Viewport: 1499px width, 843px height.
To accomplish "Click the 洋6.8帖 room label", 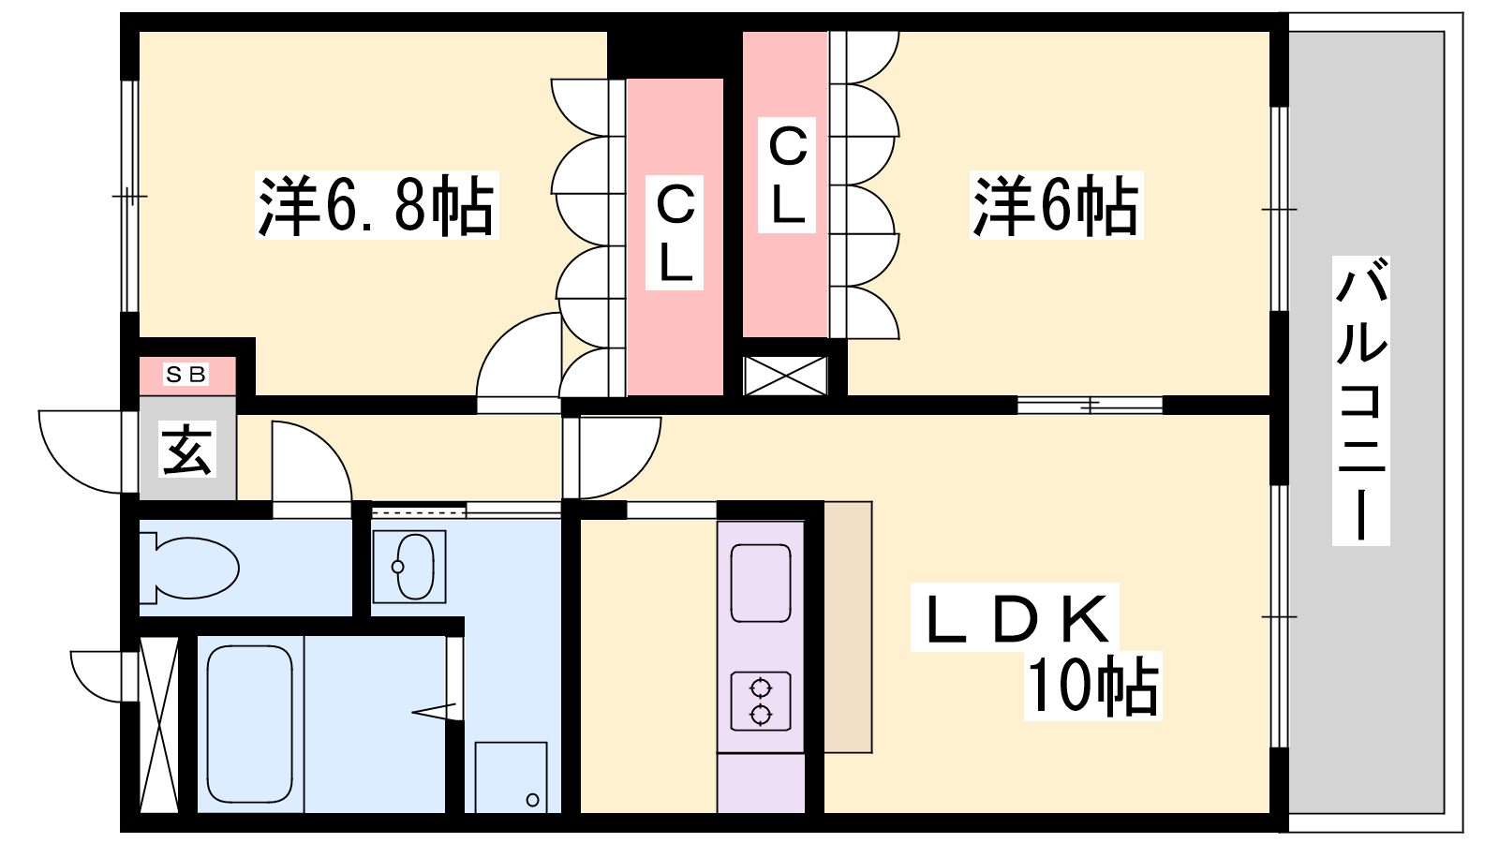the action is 376,205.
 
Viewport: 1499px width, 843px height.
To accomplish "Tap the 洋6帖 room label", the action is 1056,205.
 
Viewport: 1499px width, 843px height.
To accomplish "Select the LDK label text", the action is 1015,618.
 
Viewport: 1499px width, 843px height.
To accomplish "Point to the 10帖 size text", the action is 1092,685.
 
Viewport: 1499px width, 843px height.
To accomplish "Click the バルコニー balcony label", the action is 1360,400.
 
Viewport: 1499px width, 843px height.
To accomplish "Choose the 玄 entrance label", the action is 186,449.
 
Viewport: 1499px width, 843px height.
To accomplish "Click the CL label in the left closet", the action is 674,233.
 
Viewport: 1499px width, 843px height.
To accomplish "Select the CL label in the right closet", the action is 786,175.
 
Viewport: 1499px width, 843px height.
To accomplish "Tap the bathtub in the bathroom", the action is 249,724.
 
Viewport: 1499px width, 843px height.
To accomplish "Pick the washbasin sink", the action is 409,567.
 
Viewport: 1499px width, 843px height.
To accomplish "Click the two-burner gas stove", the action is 761,702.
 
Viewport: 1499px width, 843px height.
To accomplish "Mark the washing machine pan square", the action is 512,777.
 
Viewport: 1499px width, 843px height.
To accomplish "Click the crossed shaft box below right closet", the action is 786,376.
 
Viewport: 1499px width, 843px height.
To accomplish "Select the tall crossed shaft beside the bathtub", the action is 158,725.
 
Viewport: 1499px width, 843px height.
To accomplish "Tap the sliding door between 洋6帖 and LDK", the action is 1091,405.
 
